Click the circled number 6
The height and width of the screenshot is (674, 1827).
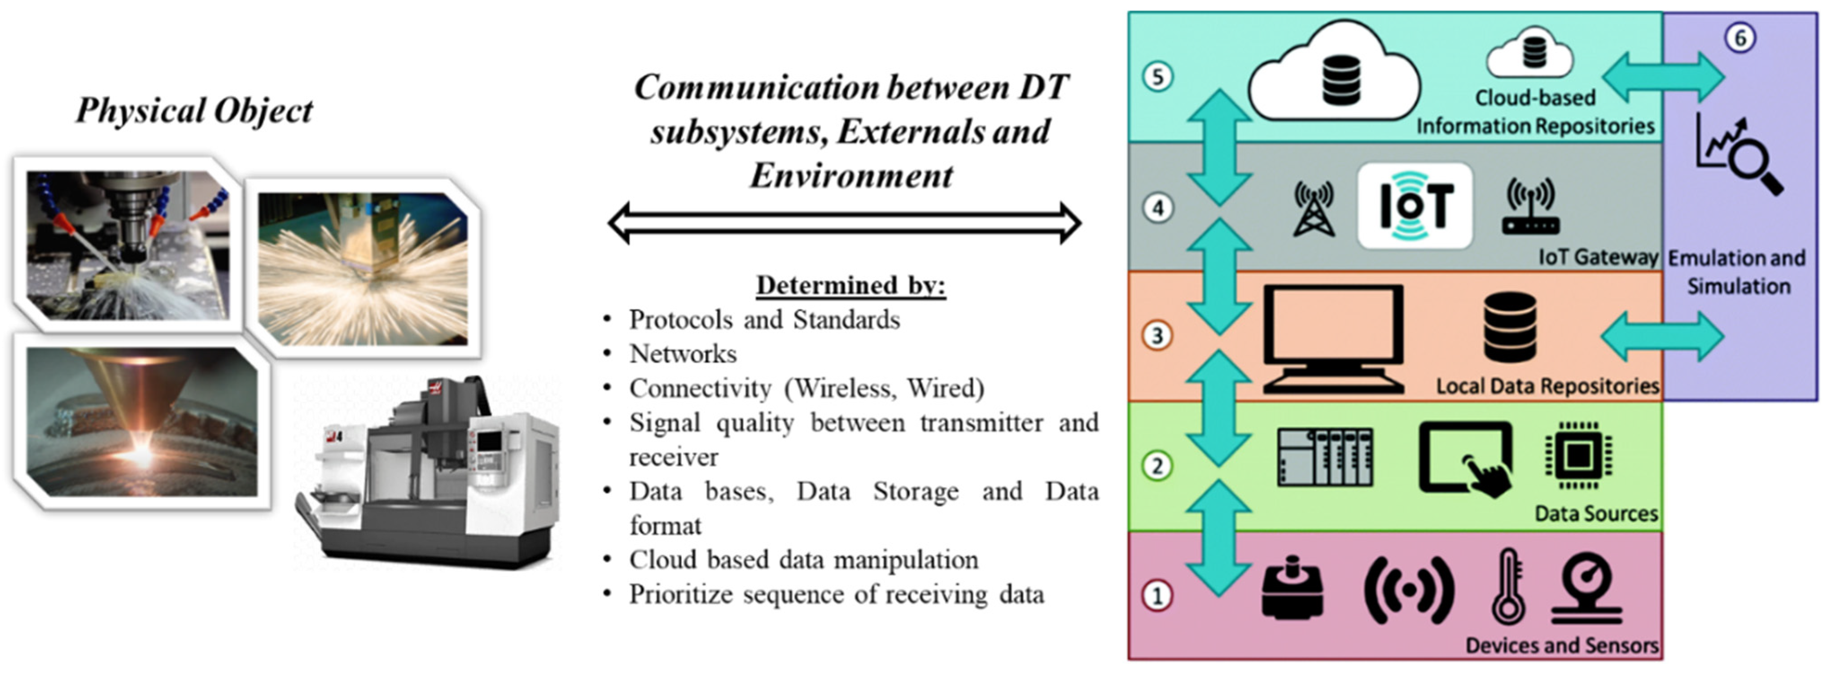click(x=1740, y=38)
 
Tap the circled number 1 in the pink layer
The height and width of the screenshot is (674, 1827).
click(x=1157, y=595)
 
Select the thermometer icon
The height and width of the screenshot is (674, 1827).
click(x=1507, y=587)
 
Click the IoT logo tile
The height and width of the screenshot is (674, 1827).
click(x=1415, y=206)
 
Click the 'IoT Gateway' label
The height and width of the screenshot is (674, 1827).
click(x=1597, y=257)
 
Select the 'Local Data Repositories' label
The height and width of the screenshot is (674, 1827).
click(x=1547, y=386)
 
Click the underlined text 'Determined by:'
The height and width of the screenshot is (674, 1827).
click(x=850, y=285)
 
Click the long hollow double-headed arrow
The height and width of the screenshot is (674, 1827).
click(x=844, y=223)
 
